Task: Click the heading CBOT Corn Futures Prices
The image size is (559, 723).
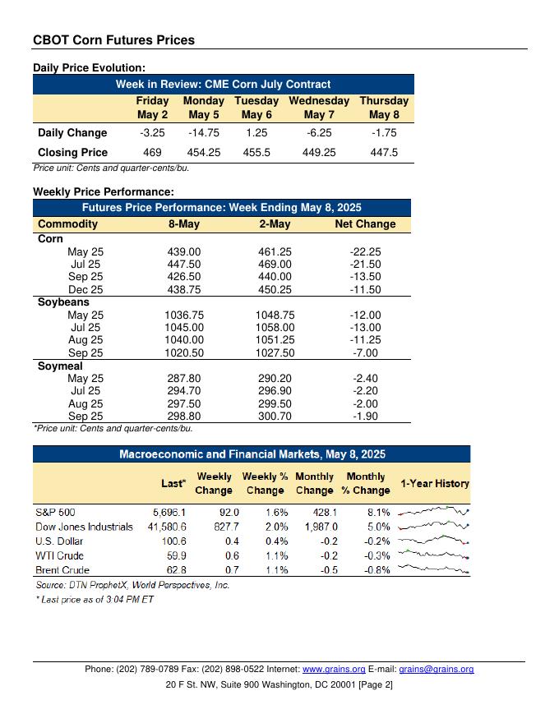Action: [113, 39]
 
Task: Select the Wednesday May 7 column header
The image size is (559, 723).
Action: [319, 108]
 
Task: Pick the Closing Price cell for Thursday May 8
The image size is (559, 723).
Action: [384, 152]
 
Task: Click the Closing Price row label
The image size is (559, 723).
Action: [72, 152]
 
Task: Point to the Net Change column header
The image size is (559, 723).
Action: [365, 223]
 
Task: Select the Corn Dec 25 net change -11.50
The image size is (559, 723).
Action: [365, 289]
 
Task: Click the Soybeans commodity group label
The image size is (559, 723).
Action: [63, 302]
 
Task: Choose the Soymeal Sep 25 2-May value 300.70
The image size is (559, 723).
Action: [275, 417]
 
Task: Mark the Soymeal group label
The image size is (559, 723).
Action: [60, 366]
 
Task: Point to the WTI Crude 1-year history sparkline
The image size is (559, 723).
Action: [433, 555]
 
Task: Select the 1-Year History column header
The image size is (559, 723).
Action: [434, 483]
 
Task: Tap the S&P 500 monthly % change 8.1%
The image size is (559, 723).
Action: [377, 511]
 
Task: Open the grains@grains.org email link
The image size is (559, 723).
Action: [436, 670]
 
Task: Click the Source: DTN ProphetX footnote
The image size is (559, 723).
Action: [132, 585]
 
